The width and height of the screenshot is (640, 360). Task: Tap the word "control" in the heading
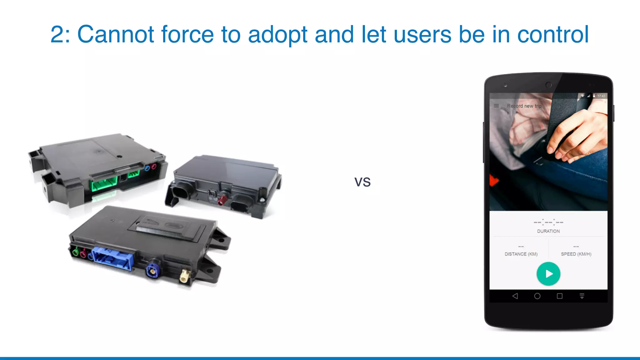(x=553, y=34)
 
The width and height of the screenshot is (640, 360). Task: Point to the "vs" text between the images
(x=362, y=182)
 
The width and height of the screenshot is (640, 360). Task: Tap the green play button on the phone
(x=548, y=274)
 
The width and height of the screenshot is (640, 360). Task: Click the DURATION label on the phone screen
(x=548, y=231)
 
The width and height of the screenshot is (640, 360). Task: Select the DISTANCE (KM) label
(x=521, y=254)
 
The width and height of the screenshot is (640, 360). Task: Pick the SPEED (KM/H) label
(x=576, y=254)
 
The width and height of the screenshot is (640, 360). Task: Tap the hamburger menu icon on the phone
(x=496, y=106)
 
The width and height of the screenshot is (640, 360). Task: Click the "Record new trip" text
(x=524, y=106)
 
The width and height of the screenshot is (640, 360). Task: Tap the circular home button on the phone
(x=537, y=296)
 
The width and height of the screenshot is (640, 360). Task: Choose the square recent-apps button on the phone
(x=560, y=296)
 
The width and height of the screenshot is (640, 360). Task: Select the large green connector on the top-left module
(x=104, y=183)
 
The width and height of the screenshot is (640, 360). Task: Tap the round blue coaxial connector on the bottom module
(x=152, y=271)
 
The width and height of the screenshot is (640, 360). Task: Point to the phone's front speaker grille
(x=548, y=85)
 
